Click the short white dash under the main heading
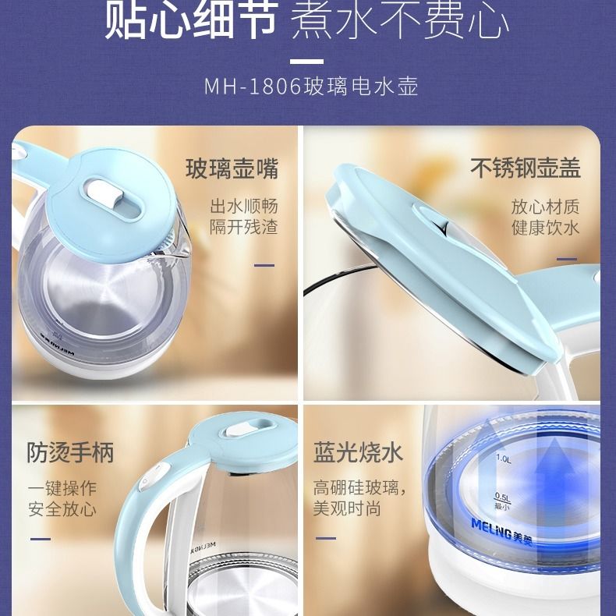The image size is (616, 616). click(x=307, y=60)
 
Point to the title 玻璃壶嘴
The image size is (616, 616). click(x=232, y=168)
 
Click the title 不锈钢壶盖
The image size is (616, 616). click(x=525, y=168)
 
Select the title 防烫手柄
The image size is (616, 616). click(x=70, y=452)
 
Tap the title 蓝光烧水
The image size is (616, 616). click(x=358, y=452)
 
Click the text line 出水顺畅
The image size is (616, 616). click(x=243, y=207)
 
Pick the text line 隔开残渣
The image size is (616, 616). click(x=243, y=227)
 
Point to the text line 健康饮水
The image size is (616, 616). click(x=545, y=227)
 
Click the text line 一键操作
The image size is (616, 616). click(x=62, y=489)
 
